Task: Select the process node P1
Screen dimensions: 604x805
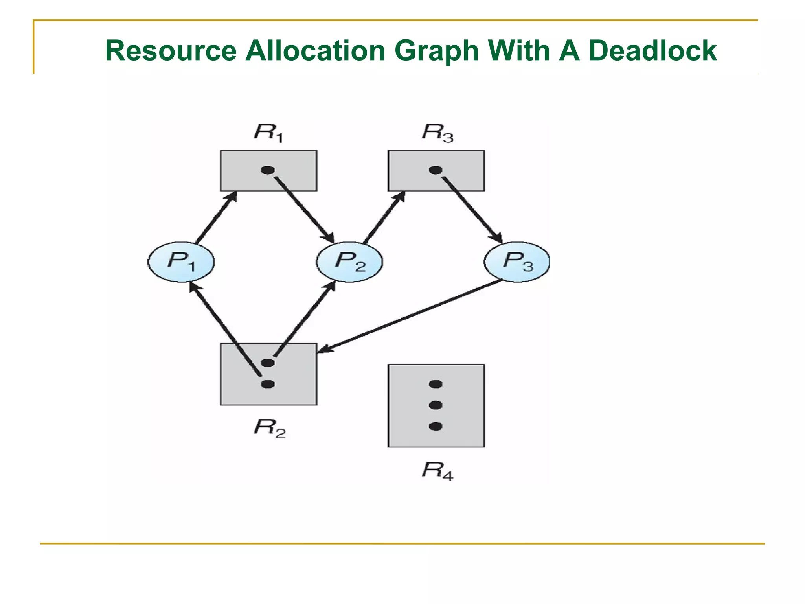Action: pyautogui.click(x=181, y=261)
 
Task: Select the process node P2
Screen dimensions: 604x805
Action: pyautogui.click(x=349, y=261)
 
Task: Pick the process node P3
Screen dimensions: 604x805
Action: pyautogui.click(x=517, y=261)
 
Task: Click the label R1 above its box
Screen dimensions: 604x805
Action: pyautogui.click(x=268, y=132)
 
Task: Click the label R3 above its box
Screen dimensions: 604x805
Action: pyautogui.click(x=437, y=132)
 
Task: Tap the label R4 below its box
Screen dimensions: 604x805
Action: pyautogui.click(x=437, y=470)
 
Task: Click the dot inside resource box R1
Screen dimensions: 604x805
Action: pyautogui.click(x=268, y=170)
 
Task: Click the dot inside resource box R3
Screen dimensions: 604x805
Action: pyautogui.click(x=436, y=170)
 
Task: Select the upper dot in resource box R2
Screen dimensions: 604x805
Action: pyautogui.click(x=268, y=363)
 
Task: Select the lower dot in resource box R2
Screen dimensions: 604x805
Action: pyautogui.click(x=268, y=384)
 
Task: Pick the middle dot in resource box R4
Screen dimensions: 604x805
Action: pyautogui.click(x=436, y=405)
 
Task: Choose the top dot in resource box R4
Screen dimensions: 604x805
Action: pyautogui.click(x=436, y=384)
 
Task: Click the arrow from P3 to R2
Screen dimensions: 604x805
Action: pyautogui.click(x=409, y=316)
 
